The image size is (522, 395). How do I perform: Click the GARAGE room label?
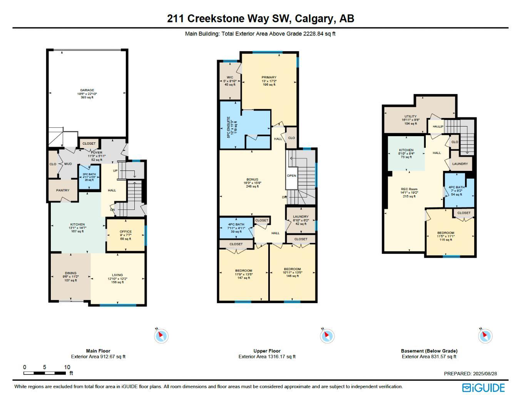point(87,90)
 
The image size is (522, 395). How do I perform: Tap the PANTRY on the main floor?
point(63,190)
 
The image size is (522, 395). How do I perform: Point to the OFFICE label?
point(125,232)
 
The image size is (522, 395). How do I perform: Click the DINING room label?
point(70,273)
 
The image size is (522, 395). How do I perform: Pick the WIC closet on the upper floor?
point(230,78)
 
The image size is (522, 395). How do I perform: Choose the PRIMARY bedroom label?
point(269,78)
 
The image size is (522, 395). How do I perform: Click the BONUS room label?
point(253,180)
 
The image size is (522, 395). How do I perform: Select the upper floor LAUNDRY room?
point(301,217)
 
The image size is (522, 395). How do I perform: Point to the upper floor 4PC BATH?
point(236,225)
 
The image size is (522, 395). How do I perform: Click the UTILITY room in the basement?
point(410,116)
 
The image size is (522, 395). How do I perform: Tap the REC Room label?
point(409,189)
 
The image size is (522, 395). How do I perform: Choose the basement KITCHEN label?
point(406,150)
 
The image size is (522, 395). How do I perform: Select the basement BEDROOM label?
point(446,233)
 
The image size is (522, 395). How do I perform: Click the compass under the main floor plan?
point(161,336)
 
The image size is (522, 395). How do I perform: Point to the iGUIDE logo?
point(484,387)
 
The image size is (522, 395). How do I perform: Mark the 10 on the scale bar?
point(67,367)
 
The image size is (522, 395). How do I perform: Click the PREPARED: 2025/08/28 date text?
point(470,373)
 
